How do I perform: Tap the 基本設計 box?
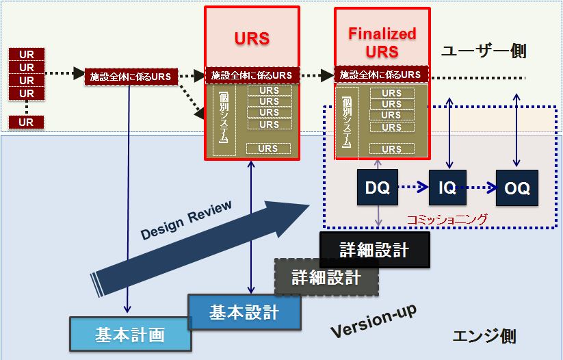pyautogui.click(x=244, y=313)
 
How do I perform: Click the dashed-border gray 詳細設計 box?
pyautogui.click(x=326, y=277)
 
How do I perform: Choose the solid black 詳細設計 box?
pyautogui.click(x=374, y=250)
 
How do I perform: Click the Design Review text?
pyautogui.click(x=186, y=220)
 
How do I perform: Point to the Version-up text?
pyautogui.click(x=374, y=321)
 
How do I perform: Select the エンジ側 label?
pyautogui.click(x=484, y=336)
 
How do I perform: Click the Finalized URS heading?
pyautogui.click(x=382, y=42)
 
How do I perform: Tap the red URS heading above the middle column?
pyautogui.click(x=252, y=38)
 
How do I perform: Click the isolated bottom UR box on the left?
pyautogui.click(x=26, y=123)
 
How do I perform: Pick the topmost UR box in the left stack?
pyautogui.click(x=26, y=55)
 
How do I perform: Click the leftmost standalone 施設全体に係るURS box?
pyautogui.click(x=131, y=76)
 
